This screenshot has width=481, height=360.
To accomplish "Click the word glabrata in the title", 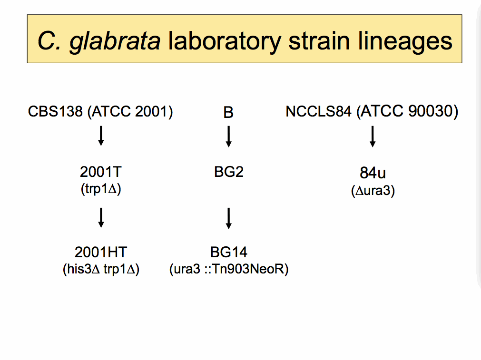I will tap(115, 41).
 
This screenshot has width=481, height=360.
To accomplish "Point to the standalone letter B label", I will tap(228, 113).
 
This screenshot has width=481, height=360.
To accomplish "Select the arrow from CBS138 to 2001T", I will tap(100, 136).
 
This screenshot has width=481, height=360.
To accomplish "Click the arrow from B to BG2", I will tap(228, 136).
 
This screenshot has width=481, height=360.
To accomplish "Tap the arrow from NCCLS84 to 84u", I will tap(373, 136).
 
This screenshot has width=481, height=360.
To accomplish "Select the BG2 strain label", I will tap(229, 172).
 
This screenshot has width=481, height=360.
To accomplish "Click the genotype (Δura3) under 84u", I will tap(373, 191).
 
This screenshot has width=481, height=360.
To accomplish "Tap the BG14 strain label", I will tap(229, 252).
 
